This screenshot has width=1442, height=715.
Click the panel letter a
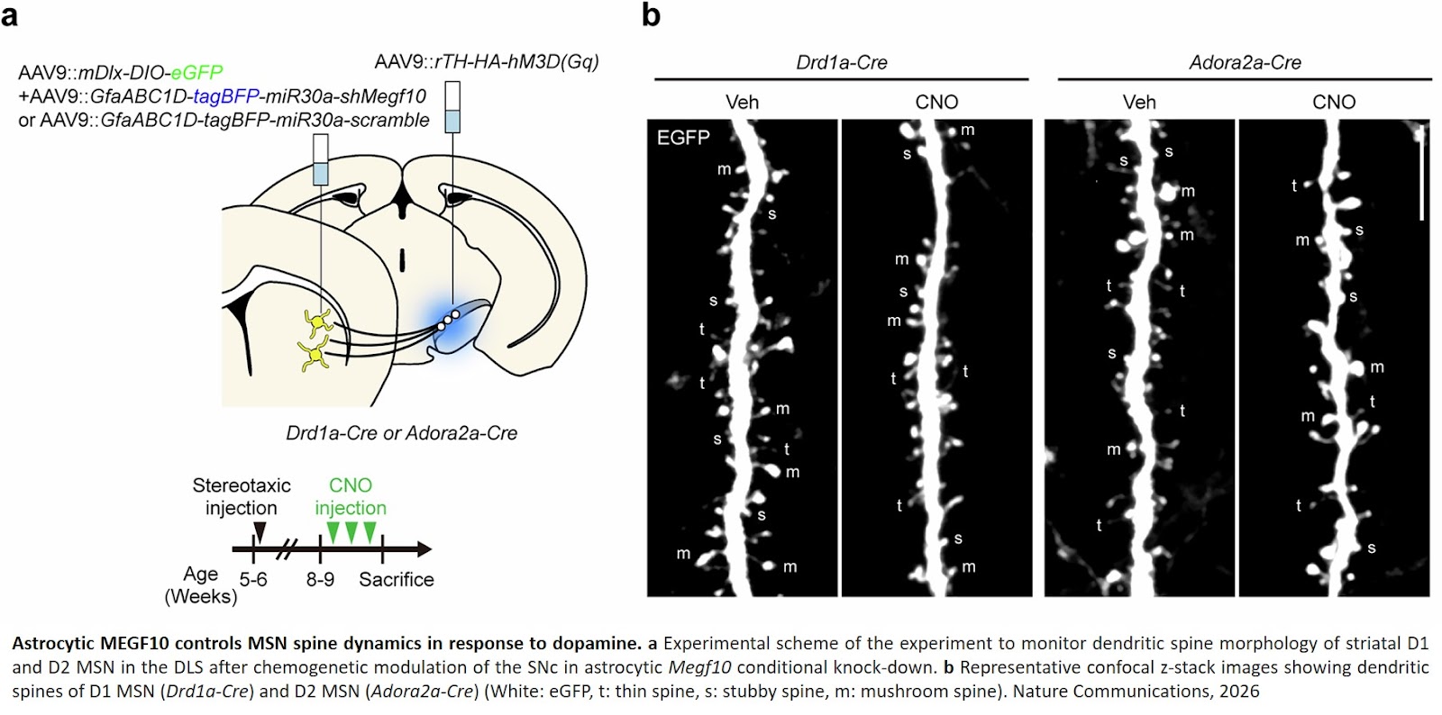pyautogui.click(x=10, y=15)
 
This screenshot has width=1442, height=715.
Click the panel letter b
pyautogui.click(x=651, y=14)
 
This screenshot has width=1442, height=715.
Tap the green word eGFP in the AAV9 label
pyautogui.click(x=196, y=73)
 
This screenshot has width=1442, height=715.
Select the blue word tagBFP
pyautogui.click(x=226, y=96)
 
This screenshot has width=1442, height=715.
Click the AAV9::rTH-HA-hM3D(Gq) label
pyautogui.click(x=487, y=61)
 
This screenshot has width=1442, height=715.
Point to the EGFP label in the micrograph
pyautogui.click(x=683, y=138)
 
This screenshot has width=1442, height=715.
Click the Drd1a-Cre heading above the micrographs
pyautogui.click(x=842, y=62)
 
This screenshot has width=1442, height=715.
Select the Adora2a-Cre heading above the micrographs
pyautogui.click(x=1245, y=62)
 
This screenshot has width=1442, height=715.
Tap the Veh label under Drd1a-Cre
pyautogui.click(x=742, y=102)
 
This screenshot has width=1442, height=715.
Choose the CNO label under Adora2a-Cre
pyautogui.click(x=1334, y=102)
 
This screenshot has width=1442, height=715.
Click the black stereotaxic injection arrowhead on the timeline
pyautogui.click(x=260, y=532)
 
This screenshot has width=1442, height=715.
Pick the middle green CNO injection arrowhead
pyautogui.click(x=351, y=532)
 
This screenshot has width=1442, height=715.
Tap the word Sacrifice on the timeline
pyautogui.click(x=397, y=579)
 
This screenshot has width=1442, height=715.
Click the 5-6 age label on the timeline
pyautogui.click(x=253, y=579)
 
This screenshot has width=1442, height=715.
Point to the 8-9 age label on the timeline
pyautogui.click(x=320, y=579)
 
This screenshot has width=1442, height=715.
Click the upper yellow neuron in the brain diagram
pyautogui.click(x=318, y=321)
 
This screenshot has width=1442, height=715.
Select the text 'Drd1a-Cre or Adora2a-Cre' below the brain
pyautogui.click(x=402, y=433)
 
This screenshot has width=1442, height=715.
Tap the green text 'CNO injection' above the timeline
pyautogui.click(x=351, y=496)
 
